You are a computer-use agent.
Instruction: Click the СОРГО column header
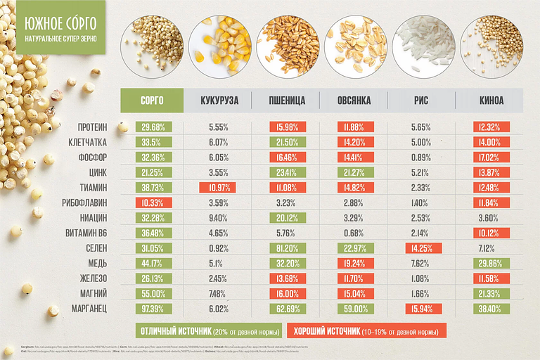pos(152,101)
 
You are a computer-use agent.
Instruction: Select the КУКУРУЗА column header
pos(219,101)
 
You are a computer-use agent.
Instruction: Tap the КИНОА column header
pos(491,101)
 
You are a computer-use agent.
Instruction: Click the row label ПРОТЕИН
pos(93,127)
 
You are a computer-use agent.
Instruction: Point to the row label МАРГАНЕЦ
pos(89,309)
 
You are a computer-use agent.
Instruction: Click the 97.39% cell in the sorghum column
pos(153,309)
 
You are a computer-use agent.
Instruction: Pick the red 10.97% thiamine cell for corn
pos(219,188)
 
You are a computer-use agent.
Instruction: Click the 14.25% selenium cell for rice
pos(423,248)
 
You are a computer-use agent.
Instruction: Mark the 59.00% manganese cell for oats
pos(355,309)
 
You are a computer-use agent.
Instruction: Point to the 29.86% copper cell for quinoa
pos(490,263)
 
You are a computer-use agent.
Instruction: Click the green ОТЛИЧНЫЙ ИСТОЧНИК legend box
pos(208,330)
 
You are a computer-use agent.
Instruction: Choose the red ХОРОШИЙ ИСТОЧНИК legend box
pos(366,330)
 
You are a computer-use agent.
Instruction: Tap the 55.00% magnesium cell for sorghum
pos(153,293)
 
